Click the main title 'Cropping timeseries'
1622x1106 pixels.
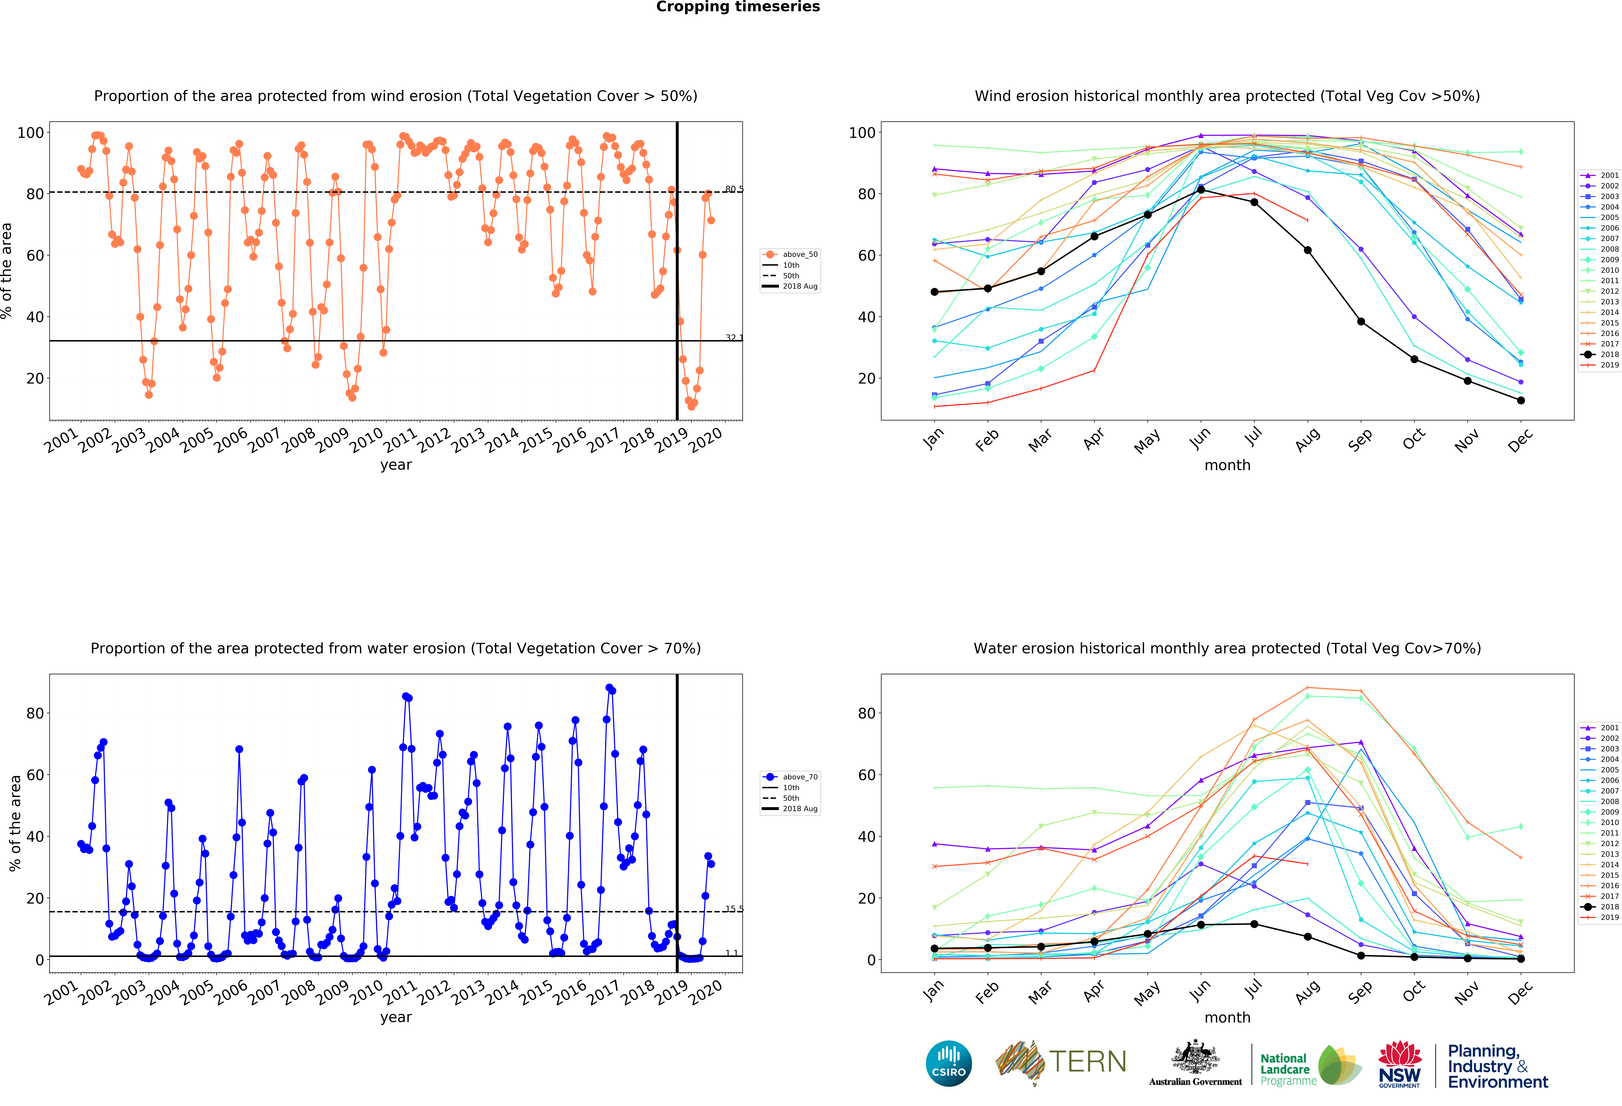coord(738,7)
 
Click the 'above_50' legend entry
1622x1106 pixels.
coord(790,254)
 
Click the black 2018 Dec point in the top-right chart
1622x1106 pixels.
coord(1521,400)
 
